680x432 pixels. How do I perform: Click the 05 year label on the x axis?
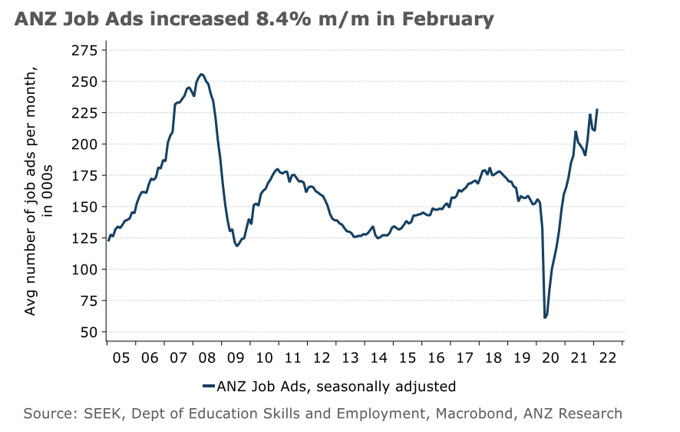coord(121,358)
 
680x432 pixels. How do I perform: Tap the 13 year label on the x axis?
coord(352,358)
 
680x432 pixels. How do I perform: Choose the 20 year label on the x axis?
coord(553,358)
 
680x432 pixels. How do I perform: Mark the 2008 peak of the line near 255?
coord(201,75)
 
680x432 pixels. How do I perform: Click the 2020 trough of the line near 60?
coord(545,317)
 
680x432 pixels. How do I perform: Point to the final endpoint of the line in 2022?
coord(597,110)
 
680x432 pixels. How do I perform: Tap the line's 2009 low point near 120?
coord(237,246)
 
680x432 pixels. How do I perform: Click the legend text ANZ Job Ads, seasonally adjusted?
coord(337,386)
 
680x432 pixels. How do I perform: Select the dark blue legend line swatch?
coord(208,386)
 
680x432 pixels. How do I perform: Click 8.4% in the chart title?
coord(273,19)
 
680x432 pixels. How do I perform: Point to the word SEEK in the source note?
coord(107,414)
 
